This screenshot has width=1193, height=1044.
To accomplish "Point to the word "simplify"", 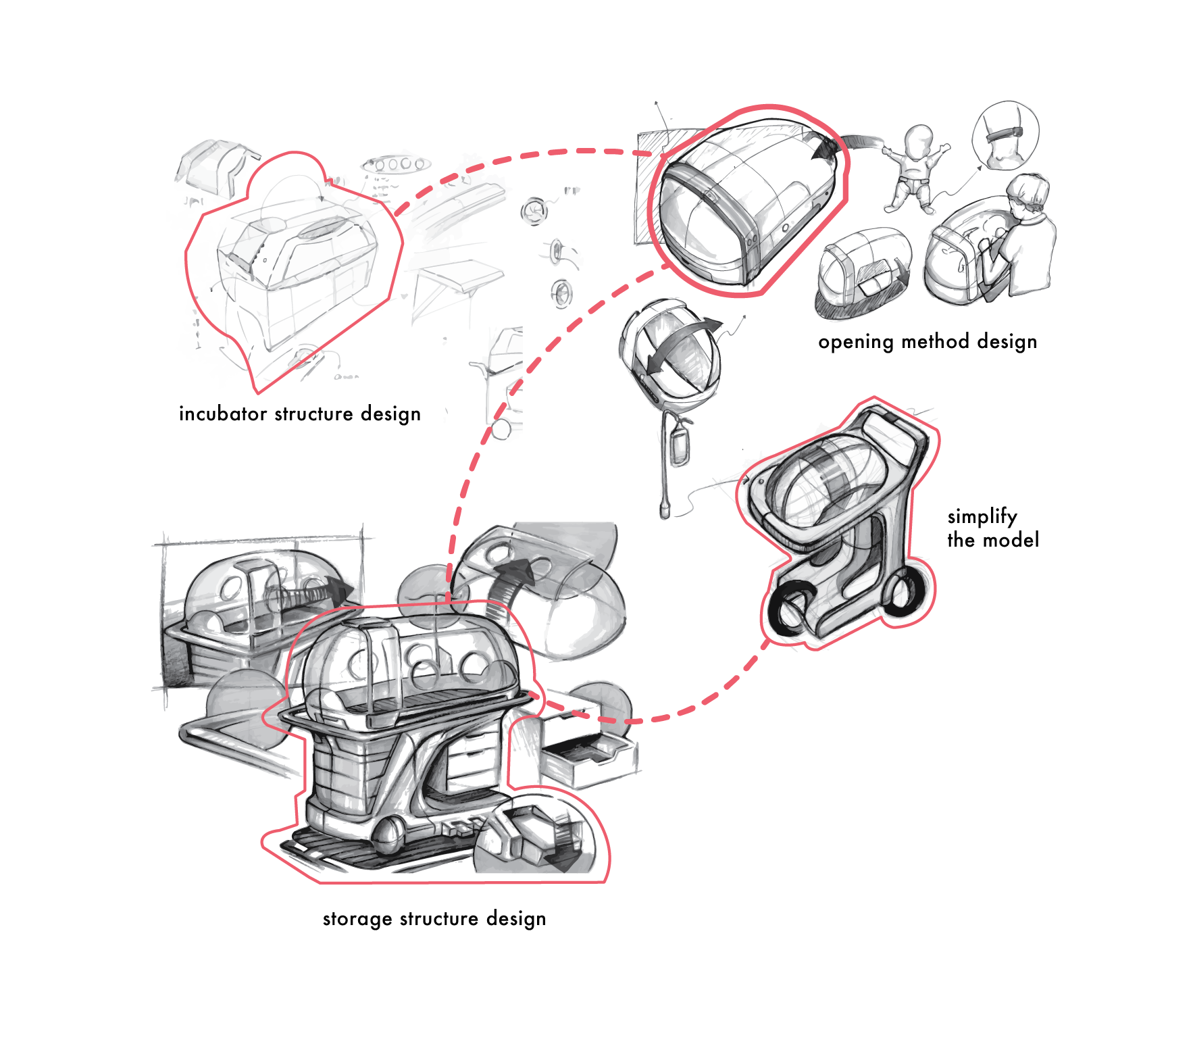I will (982, 517).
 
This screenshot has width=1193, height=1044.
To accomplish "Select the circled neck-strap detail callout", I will (1005, 136).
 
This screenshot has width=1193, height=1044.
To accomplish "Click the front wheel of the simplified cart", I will (790, 611).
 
